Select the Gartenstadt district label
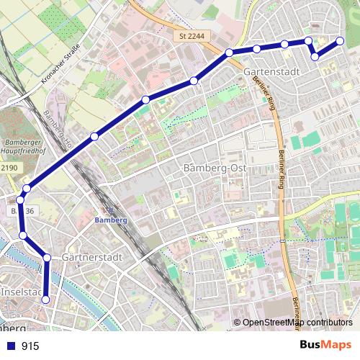pos(271,73)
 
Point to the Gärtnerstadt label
pos(91,257)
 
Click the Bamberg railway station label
pos(110,220)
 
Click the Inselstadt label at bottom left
pos(22,293)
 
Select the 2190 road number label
pos(8,167)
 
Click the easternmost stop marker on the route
pos(341,40)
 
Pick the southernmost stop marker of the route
pos(46,300)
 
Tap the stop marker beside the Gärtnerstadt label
pos(47,257)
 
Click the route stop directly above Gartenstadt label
pos(257,49)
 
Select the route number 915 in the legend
pos(30,346)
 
